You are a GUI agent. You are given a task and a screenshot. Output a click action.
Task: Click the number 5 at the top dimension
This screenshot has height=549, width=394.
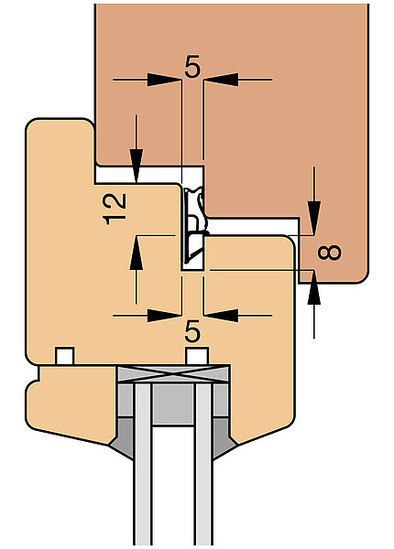point(192,66)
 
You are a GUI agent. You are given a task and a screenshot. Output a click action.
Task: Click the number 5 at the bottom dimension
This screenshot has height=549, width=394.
point(192,331)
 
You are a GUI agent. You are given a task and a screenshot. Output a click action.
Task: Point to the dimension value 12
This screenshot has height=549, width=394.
point(115,209)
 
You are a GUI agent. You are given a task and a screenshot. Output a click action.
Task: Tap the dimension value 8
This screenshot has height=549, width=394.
point(329,253)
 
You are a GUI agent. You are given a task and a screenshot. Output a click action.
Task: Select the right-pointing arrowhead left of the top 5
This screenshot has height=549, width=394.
point(164,80)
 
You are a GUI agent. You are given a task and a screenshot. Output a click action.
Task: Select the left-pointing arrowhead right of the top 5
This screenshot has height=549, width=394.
point(221,80)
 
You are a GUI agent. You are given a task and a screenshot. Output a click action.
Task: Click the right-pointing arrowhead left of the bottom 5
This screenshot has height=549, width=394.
point(164,316)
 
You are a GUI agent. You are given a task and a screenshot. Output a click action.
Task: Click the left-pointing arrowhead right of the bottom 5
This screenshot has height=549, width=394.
point(221,316)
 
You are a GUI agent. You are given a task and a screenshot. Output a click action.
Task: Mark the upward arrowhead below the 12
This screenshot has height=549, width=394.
point(137,253)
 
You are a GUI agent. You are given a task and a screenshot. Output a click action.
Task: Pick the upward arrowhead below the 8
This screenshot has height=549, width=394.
point(314,287)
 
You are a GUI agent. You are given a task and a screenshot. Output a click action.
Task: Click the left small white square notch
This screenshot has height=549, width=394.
point(65,356)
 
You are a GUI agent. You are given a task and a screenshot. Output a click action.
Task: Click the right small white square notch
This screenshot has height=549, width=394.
point(197,356)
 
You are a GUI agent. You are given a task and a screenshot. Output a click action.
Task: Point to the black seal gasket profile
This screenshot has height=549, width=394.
point(194,226)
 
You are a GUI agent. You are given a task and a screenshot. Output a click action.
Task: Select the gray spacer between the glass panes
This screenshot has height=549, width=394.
point(173,404)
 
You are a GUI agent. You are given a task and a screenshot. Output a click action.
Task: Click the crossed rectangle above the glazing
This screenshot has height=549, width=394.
point(173,374)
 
